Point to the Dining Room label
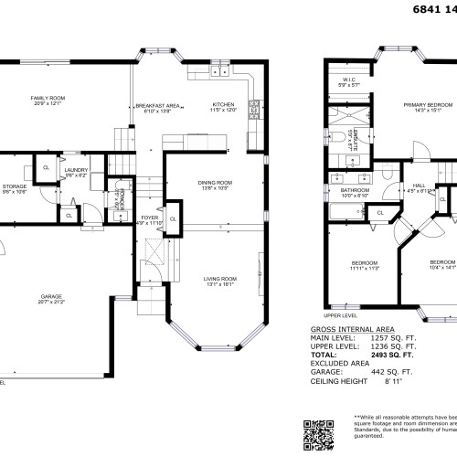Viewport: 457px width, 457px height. [x=215, y=185]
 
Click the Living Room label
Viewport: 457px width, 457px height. [x=219, y=281]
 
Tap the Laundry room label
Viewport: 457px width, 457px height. [x=76, y=170]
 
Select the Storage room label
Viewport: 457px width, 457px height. [x=15, y=188]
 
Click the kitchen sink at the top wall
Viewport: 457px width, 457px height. [x=219, y=69]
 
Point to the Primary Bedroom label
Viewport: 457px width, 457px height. [x=422, y=106]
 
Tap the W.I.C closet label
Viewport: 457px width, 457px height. [x=349, y=82]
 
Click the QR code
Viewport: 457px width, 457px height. [x=320, y=433]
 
